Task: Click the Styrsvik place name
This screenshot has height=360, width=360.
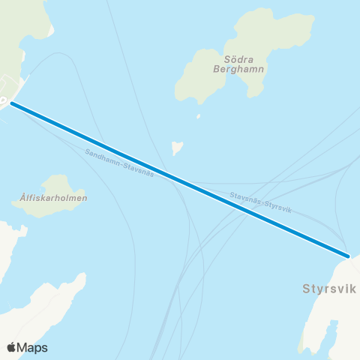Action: point(328,288)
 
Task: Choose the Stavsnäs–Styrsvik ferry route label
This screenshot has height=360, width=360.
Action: point(260,201)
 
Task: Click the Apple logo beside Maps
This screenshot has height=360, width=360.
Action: point(11,347)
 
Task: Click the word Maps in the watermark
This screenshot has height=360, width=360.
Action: point(33,347)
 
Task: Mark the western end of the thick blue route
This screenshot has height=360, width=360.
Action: point(11,103)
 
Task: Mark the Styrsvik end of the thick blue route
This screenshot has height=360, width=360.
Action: point(349,256)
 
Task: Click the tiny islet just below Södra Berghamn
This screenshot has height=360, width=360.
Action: point(199,116)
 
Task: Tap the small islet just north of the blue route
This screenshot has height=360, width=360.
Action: point(177,148)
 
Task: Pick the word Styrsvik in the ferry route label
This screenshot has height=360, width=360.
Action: point(277,206)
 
